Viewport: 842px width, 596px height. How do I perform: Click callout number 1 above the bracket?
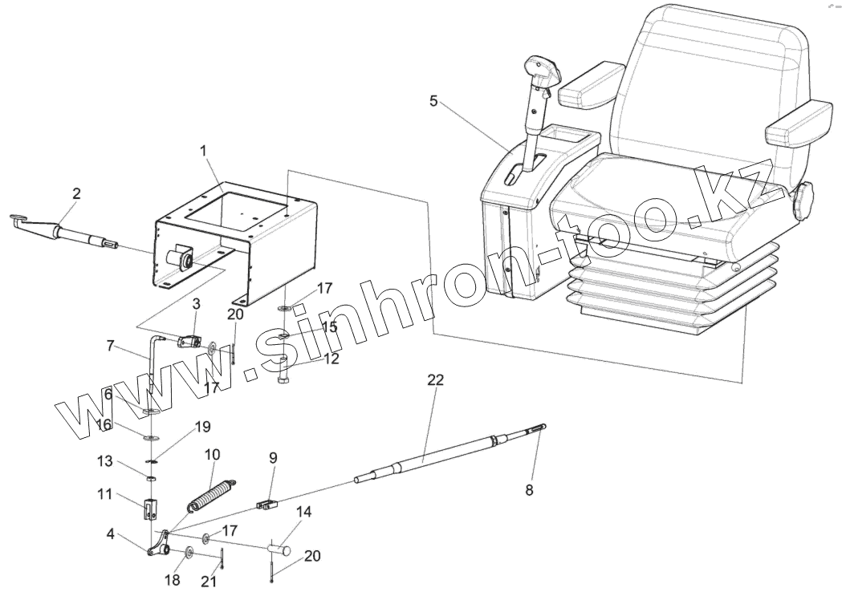tap(204, 150)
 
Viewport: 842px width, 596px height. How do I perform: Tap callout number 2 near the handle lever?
tap(76, 193)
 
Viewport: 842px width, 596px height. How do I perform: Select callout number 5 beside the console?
tap(433, 101)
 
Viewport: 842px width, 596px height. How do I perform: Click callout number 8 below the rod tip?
tap(529, 489)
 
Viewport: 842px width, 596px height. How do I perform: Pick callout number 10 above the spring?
tap(213, 454)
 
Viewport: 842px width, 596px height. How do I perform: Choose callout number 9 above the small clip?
tap(273, 458)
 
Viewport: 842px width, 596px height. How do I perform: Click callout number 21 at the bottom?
tap(209, 582)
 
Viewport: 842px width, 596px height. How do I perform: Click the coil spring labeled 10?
tap(212, 493)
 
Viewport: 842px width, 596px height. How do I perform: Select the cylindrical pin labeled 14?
tap(283, 549)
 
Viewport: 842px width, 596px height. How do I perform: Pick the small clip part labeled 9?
tap(266, 505)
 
